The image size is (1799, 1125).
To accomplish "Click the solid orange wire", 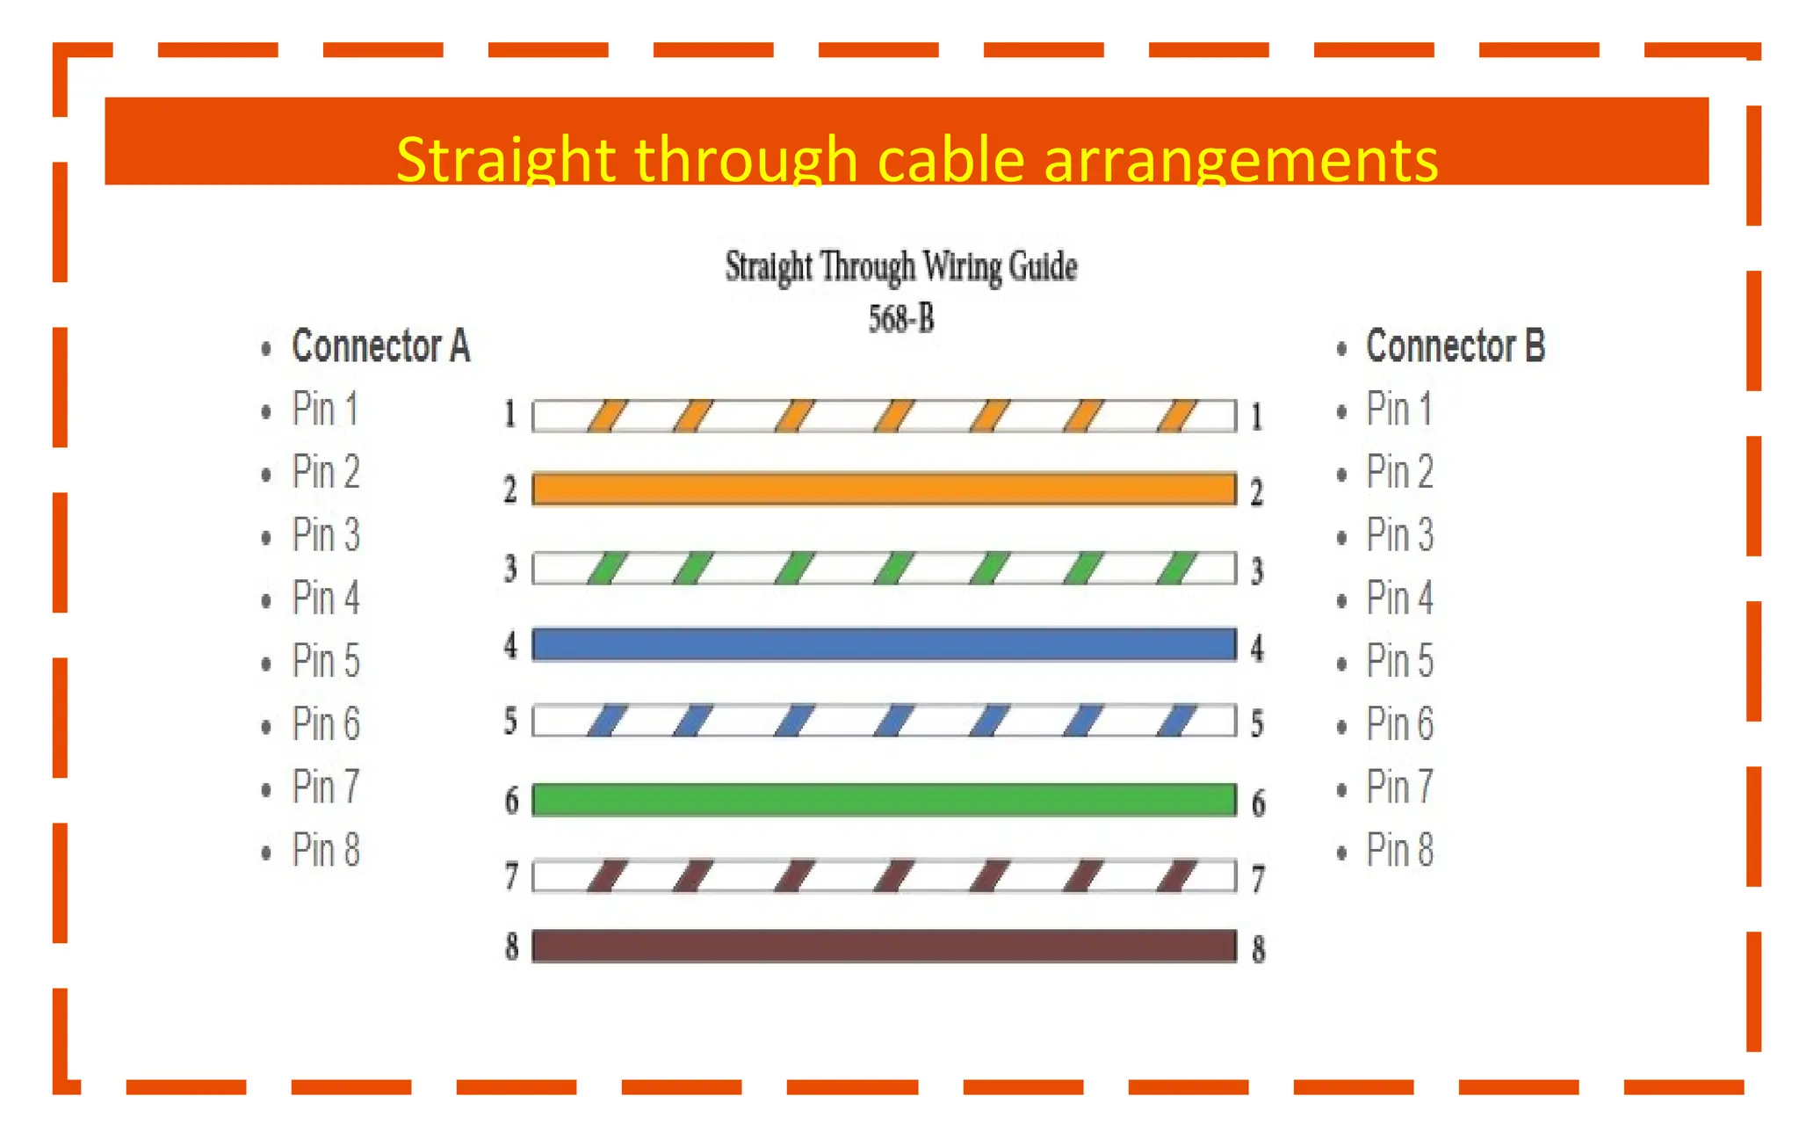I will [x=884, y=489].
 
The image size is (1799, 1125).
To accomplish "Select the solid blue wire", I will [x=884, y=644].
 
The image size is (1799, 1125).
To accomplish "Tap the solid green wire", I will [x=884, y=800].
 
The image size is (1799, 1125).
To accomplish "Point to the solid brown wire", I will [x=884, y=946].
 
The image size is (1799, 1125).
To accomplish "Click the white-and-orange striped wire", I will [x=884, y=416].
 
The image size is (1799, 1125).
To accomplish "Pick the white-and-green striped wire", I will [x=884, y=569].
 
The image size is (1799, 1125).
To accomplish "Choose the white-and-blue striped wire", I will [x=884, y=721].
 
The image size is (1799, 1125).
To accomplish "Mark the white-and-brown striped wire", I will [x=884, y=876].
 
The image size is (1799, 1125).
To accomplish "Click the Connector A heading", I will [x=380, y=346].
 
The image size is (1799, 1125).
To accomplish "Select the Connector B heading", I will [x=1455, y=346].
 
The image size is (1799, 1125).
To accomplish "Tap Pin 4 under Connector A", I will [x=326, y=599].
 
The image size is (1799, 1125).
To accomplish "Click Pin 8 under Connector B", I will [x=1399, y=850].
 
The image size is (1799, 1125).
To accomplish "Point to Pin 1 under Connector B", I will [x=1398, y=410].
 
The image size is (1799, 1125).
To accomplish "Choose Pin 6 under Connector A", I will [x=326, y=724].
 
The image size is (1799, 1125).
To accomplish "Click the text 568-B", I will [x=901, y=318].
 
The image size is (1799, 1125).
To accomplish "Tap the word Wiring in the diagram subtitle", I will [x=962, y=266].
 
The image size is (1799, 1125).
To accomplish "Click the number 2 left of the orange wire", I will [x=510, y=490].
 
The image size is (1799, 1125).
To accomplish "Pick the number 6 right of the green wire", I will [x=1258, y=802].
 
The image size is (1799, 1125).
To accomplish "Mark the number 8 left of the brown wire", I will [x=511, y=947].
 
